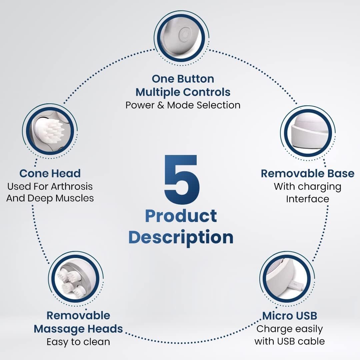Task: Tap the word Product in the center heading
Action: tap(181, 216)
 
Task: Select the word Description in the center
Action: tap(181, 237)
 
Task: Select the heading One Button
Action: tap(183, 79)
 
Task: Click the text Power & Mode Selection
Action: tap(183, 105)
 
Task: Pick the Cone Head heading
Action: tap(50, 173)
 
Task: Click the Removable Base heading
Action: tap(308, 173)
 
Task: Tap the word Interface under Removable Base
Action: tap(308, 199)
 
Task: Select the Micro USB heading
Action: tap(290, 315)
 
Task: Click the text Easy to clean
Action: tap(78, 342)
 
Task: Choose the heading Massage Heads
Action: tap(78, 329)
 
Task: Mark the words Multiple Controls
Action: tap(183, 92)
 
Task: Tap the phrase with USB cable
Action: tap(290, 341)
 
